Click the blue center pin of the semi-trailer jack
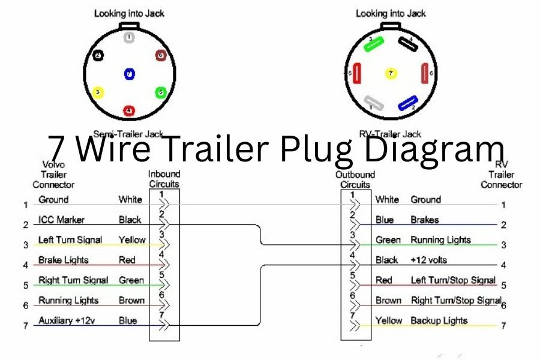tap(130, 74)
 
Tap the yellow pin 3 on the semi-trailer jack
tap(98, 92)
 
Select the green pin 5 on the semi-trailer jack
tap(160, 92)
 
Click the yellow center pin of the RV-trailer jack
tap(391, 74)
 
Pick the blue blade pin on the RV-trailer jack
tap(408, 104)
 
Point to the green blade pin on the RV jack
tap(375, 43)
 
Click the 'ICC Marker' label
tap(61, 220)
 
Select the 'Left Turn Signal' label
tap(70, 240)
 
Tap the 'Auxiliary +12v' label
tap(67, 320)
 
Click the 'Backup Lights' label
tap(439, 320)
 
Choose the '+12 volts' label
tap(428, 260)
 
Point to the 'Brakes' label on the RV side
tap(424, 220)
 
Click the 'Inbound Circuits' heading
tap(164, 179)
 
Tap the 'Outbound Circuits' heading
tap(355, 179)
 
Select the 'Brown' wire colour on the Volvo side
tap(131, 300)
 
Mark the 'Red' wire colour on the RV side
tap(383, 280)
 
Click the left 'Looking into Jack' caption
tap(129, 13)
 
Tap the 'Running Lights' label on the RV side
tap(440, 240)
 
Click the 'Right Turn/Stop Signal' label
tap(456, 300)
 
